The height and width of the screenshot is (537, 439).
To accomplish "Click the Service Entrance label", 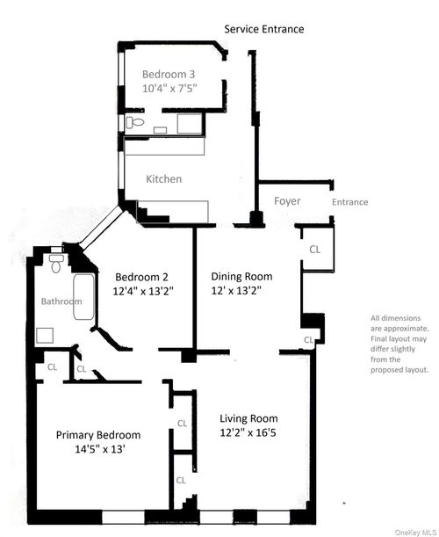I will click(x=264, y=29).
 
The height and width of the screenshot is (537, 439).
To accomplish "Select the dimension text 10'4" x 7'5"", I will click(x=170, y=89).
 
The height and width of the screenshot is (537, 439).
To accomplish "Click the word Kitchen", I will click(x=163, y=179).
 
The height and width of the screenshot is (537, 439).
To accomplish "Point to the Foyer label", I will click(x=287, y=201).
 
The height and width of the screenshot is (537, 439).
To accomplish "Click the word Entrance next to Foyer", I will click(x=349, y=202).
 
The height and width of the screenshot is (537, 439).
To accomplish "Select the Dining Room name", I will click(x=241, y=275).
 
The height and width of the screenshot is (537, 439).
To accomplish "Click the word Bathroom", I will click(x=61, y=301).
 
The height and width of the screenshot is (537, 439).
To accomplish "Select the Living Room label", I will click(x=248, y=418).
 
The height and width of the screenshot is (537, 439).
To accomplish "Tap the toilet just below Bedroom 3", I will click(x=134, y=123).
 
